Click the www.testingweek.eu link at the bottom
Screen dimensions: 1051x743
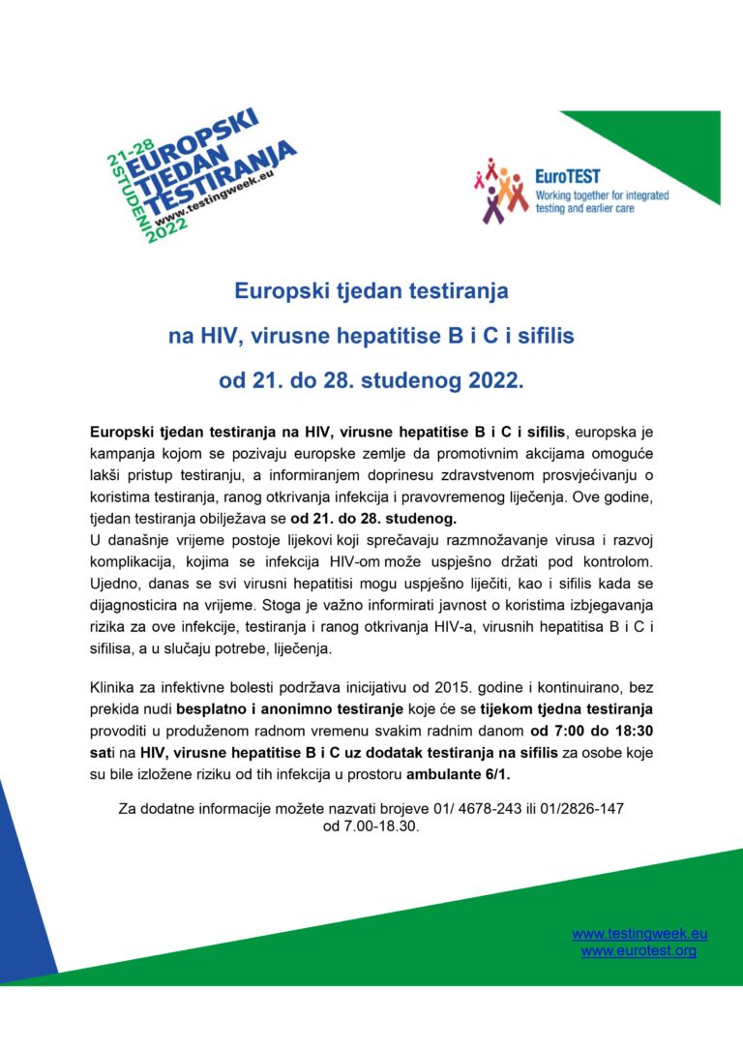pyautogui.click(x=639, y=934)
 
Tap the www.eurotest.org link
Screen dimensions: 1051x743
pyautogui.click(x=639, y=951)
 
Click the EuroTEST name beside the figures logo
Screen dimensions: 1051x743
pyautogui.click(x=567, y=177)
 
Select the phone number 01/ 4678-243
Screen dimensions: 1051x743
pyautogui.click(x=458, y=808)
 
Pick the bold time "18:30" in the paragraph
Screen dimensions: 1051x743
pyautogui.click(x=635, y=731)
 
